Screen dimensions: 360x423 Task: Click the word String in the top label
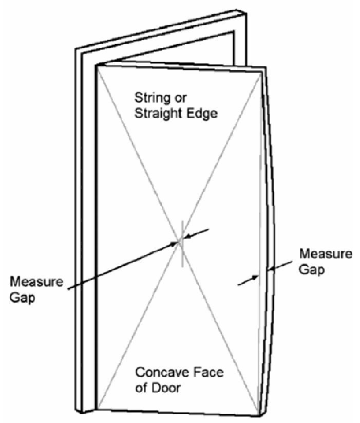pyautogui.click(x=151, y=99)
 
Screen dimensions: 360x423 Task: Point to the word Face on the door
pyautogui.click(x=209, y=373)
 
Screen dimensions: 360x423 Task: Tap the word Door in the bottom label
pyautogui.click(x=166, y=388)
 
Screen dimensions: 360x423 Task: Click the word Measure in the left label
pyautogui.click(x=36, y=282)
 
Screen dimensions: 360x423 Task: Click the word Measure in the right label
pyautogui.click(x=326, y=254)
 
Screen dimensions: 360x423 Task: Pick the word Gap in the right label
pyautogui.click(x=312, y=270)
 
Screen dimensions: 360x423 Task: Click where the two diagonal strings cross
pyautogui.click(x=180, y=241)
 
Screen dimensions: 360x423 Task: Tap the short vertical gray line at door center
pyautogui.click(x=182, y=244)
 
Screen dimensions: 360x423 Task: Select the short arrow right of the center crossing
pyautogui.click(x=196, y=234)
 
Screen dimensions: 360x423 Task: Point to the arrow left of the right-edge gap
pyautogui.click(x=248, y=280)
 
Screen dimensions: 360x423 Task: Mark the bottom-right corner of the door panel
pyautogui.click(x=260, y=416)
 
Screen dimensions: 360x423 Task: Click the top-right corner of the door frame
pyautogui.click(x=247, y=13)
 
